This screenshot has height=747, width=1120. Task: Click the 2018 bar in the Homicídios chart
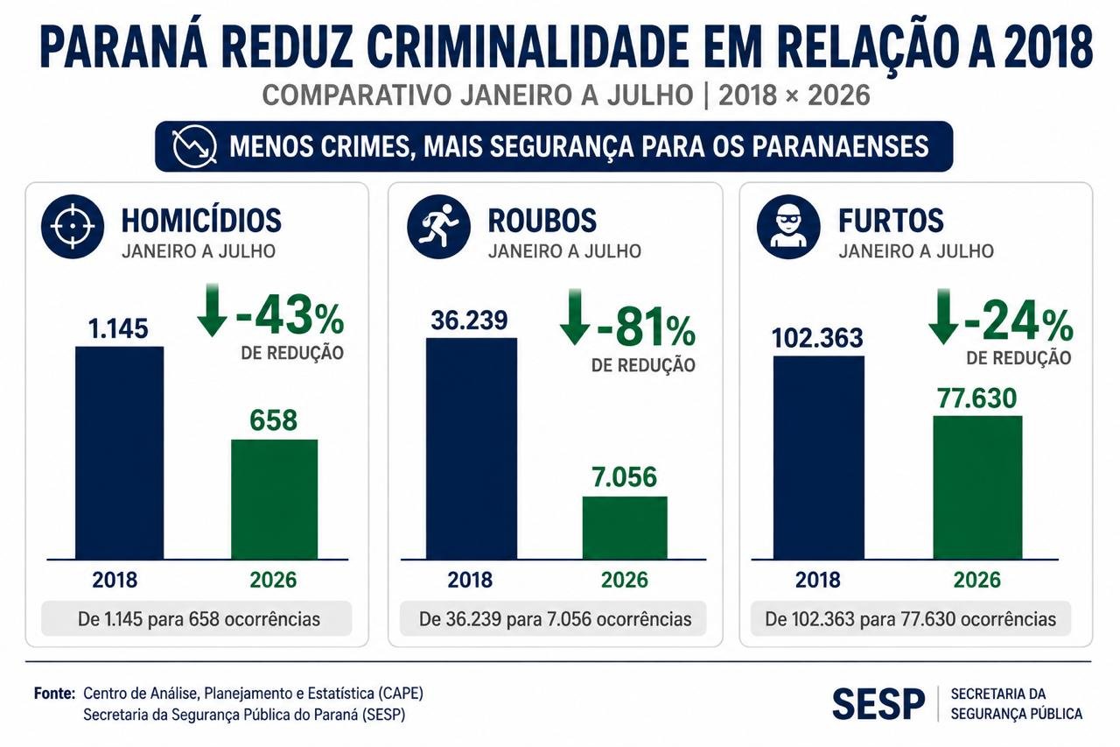[120, 452]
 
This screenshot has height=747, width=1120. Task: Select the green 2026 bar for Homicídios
[274, 499]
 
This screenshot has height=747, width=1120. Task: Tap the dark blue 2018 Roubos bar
[472, 448]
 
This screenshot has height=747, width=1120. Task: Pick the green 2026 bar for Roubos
[625, 527]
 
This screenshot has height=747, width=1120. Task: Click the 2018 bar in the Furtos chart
[818, 457]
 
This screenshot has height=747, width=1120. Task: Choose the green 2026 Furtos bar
[977, 487]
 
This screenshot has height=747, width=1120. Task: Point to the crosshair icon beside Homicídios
[73, 227]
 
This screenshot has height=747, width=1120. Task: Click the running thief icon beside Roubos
[438, 227]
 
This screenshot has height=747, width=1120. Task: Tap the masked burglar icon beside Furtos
[788, 227]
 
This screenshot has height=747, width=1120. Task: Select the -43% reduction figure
[290, 315]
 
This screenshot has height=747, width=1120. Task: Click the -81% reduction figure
[646, 328]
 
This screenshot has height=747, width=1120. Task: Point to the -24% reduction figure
[1018, 321]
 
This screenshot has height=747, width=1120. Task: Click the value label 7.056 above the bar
[624, 476]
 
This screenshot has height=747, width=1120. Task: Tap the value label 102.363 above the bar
[817, 338]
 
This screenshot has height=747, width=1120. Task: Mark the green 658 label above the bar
[274, 419]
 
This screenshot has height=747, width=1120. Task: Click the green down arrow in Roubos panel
[575, 316]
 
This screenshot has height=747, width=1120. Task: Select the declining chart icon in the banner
[194, 146]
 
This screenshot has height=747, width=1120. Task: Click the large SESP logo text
[878, 704]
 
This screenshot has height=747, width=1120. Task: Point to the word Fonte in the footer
[54, 694]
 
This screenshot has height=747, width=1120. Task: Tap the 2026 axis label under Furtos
[977, 580]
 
